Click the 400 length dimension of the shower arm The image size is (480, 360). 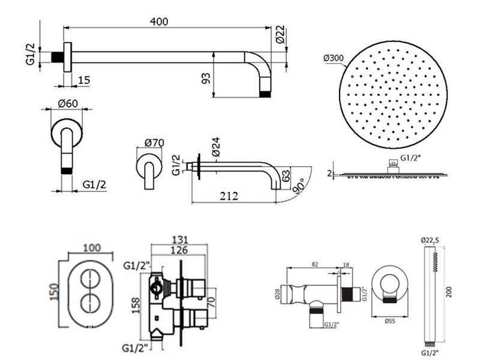point(159,21)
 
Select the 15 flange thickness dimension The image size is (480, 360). point(84,80)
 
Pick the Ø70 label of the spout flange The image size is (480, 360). point(154,143)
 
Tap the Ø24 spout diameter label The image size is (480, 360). point(214,146)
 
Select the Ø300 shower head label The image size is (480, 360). point(334,58)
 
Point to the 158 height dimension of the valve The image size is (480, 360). point(137,306)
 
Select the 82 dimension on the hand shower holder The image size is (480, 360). point(314,263)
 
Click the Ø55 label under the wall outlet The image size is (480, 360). point(390,321)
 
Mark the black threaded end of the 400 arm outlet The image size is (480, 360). point(266,95)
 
